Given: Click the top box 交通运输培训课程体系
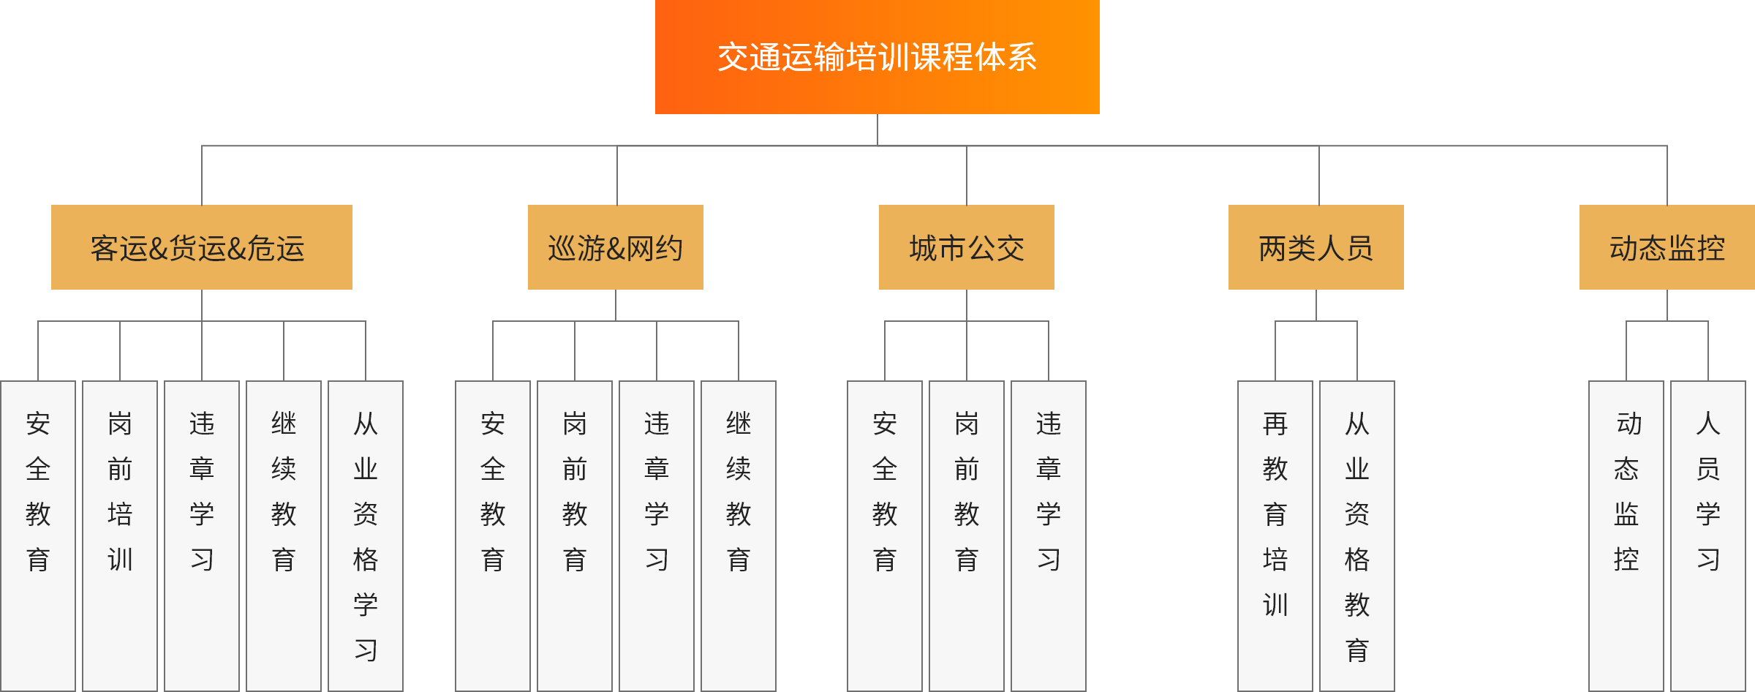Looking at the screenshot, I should pos(877,57).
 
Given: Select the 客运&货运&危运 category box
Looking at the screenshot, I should pos(201,247).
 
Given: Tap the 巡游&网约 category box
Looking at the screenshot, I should pos(615,247).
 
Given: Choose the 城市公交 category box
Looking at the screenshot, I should pos(966,247).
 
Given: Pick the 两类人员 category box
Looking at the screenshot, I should pos(1316,247).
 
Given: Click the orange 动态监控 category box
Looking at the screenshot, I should pos(1667,247).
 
